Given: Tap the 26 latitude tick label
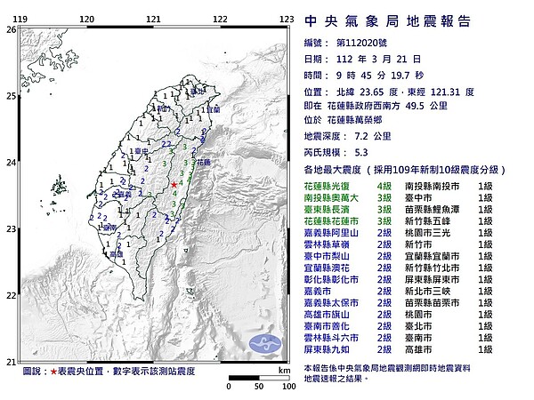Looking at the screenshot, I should (x=10, y=29).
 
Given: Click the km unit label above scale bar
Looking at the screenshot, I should (x=282, y=369).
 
